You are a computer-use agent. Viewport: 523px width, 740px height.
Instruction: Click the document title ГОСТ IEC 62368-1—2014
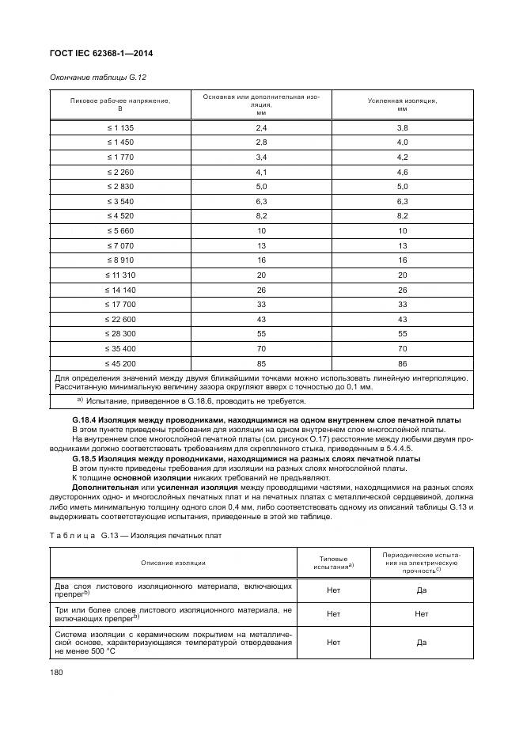click(x=102, y=53)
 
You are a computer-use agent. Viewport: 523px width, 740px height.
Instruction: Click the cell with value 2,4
click(x=261, y=128)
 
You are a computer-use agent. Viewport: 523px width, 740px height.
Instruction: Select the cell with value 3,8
click(x=402, y=128)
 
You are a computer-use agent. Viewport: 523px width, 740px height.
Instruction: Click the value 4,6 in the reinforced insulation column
click(x=402, y=172)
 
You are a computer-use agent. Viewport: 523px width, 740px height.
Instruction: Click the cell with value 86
click(x=402, y=364)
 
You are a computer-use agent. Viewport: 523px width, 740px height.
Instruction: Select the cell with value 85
click(x=261, y=364)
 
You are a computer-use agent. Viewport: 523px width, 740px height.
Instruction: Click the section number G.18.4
click(x=87, y=419)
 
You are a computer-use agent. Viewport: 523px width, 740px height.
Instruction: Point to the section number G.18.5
click(x=87, y=459)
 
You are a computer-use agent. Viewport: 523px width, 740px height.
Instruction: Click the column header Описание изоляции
click(x=173, y=563)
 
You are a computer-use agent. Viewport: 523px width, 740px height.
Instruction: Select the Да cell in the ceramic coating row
click(x=421, y=643)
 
